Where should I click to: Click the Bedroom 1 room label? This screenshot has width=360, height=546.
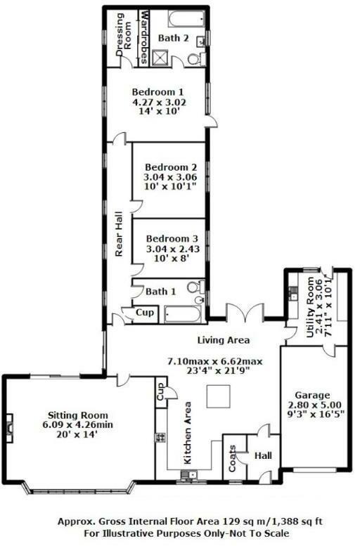pos(157,92)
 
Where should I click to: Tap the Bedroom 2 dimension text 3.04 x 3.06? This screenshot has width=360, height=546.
pos(170,177)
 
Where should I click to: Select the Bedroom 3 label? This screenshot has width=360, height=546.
pos(172,239)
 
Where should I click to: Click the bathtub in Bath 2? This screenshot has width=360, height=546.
pos(186,19)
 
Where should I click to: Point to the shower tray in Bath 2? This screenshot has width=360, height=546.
pos(160,58)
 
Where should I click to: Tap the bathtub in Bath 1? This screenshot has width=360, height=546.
pos(183,314)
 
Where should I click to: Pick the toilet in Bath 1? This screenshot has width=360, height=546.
pos(195,287)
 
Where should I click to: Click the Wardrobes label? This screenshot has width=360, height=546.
pos(143,38)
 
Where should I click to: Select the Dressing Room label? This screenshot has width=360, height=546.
pos(124,35)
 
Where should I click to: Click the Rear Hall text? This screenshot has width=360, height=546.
pos(119,234)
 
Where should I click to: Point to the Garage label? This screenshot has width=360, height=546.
pos(312,395)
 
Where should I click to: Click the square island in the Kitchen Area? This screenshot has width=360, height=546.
pos(218,396)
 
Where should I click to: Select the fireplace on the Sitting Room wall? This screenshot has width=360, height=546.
pos(8,428)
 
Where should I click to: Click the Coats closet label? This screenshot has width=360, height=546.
pos(233,459)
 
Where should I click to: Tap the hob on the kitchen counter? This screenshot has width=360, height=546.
pos(160,437)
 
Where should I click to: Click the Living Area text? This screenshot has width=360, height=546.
pos(224,340)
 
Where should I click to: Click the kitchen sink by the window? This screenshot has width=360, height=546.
pos(188,474)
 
